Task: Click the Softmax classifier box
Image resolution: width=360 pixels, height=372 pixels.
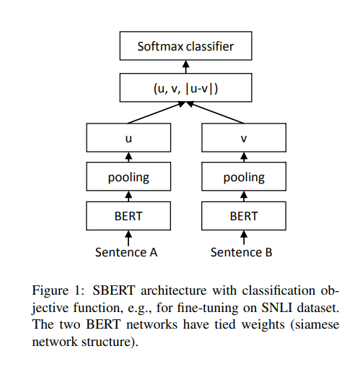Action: tap(185, 46)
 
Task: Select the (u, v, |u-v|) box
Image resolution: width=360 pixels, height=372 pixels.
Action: tap(185, 87)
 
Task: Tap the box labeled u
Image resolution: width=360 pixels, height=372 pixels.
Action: tap(128, 137)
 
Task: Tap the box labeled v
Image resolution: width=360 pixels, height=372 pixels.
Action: tap(244, 137)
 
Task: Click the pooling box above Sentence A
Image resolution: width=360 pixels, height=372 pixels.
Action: tap(128, 176)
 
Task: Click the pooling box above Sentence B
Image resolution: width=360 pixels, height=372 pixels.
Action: tap(244, 176)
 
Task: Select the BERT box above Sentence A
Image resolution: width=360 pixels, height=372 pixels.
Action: tap(128, 216)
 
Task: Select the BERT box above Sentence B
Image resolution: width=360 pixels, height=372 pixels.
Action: tap(244, 216)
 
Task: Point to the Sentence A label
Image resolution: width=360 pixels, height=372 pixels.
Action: tap(126, 252)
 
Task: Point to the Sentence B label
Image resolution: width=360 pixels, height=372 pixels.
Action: tap(242, 252)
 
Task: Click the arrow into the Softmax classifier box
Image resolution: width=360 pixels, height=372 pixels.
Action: tap(185, 66)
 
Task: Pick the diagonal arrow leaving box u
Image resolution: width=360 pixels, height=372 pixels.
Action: tap(157, 113)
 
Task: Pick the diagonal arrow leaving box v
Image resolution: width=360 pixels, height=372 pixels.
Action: tap(215, 113)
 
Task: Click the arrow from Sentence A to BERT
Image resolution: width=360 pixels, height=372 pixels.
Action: tap(128, 238)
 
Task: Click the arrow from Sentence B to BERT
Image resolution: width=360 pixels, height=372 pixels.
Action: tap(244, 238)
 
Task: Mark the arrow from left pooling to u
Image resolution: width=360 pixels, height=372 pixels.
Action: tap(128, 157)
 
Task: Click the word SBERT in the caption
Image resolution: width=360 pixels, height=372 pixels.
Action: tap(114, 290)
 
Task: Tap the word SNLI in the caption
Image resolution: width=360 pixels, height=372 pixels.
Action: tap(276, 308)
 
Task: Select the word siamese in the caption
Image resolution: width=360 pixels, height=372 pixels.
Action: tap(315, 324)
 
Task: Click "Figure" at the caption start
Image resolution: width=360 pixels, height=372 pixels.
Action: tap(50, 290)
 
